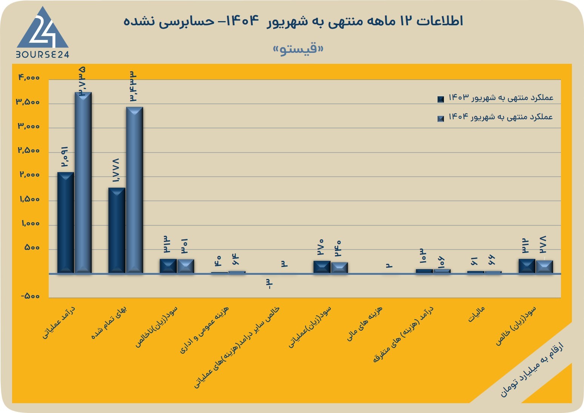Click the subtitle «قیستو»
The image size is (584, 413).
[298, 49]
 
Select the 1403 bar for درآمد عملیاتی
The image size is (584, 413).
[65, 223]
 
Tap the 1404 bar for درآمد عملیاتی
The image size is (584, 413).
[83, 183]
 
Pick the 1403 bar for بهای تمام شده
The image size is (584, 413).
[117, 231]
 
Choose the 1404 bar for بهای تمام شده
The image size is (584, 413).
[134, 190]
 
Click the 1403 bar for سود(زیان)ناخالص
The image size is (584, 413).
[168, 266]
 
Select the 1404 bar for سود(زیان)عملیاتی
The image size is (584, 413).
[339, 268]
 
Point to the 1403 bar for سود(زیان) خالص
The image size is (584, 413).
[527, 266]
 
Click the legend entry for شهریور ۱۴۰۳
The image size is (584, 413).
[495, 98]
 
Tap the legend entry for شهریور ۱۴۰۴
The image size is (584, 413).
[495, 117]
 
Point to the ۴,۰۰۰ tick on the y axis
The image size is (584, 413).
[29, 77]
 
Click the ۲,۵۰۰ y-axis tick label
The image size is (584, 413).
[29, 150]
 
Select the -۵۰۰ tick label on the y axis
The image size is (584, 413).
[30, 296]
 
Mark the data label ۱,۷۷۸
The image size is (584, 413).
[116, 170]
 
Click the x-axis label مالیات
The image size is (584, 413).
[476, 314]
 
